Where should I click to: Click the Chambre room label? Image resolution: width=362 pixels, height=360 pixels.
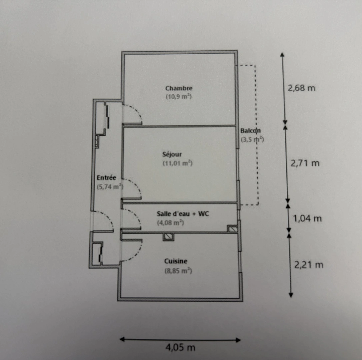point(179,88)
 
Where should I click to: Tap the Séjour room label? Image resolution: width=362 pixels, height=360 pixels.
point(172,155)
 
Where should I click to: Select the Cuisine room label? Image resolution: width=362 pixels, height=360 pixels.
point(176,261)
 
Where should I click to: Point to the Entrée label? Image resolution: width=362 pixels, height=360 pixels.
point(106,178)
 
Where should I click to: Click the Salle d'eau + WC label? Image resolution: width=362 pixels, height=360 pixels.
point(183,214)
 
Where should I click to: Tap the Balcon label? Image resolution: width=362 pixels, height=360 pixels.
point(250,131)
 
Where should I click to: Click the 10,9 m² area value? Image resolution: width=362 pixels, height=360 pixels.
point(179,97)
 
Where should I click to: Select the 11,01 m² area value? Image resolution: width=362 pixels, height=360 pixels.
point(178,163)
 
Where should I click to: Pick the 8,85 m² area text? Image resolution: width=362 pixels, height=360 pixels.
point(178,271)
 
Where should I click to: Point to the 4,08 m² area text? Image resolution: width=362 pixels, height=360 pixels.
point(170,223)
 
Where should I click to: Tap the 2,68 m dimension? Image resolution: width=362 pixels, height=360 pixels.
point(301,88)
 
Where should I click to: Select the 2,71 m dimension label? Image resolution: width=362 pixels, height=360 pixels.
point(305,163)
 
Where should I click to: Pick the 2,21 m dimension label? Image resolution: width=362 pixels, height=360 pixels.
point(309,265)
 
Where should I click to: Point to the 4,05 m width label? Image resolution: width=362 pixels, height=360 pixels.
point(180,347)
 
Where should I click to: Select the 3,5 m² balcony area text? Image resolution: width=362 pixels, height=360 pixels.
point(252,140)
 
